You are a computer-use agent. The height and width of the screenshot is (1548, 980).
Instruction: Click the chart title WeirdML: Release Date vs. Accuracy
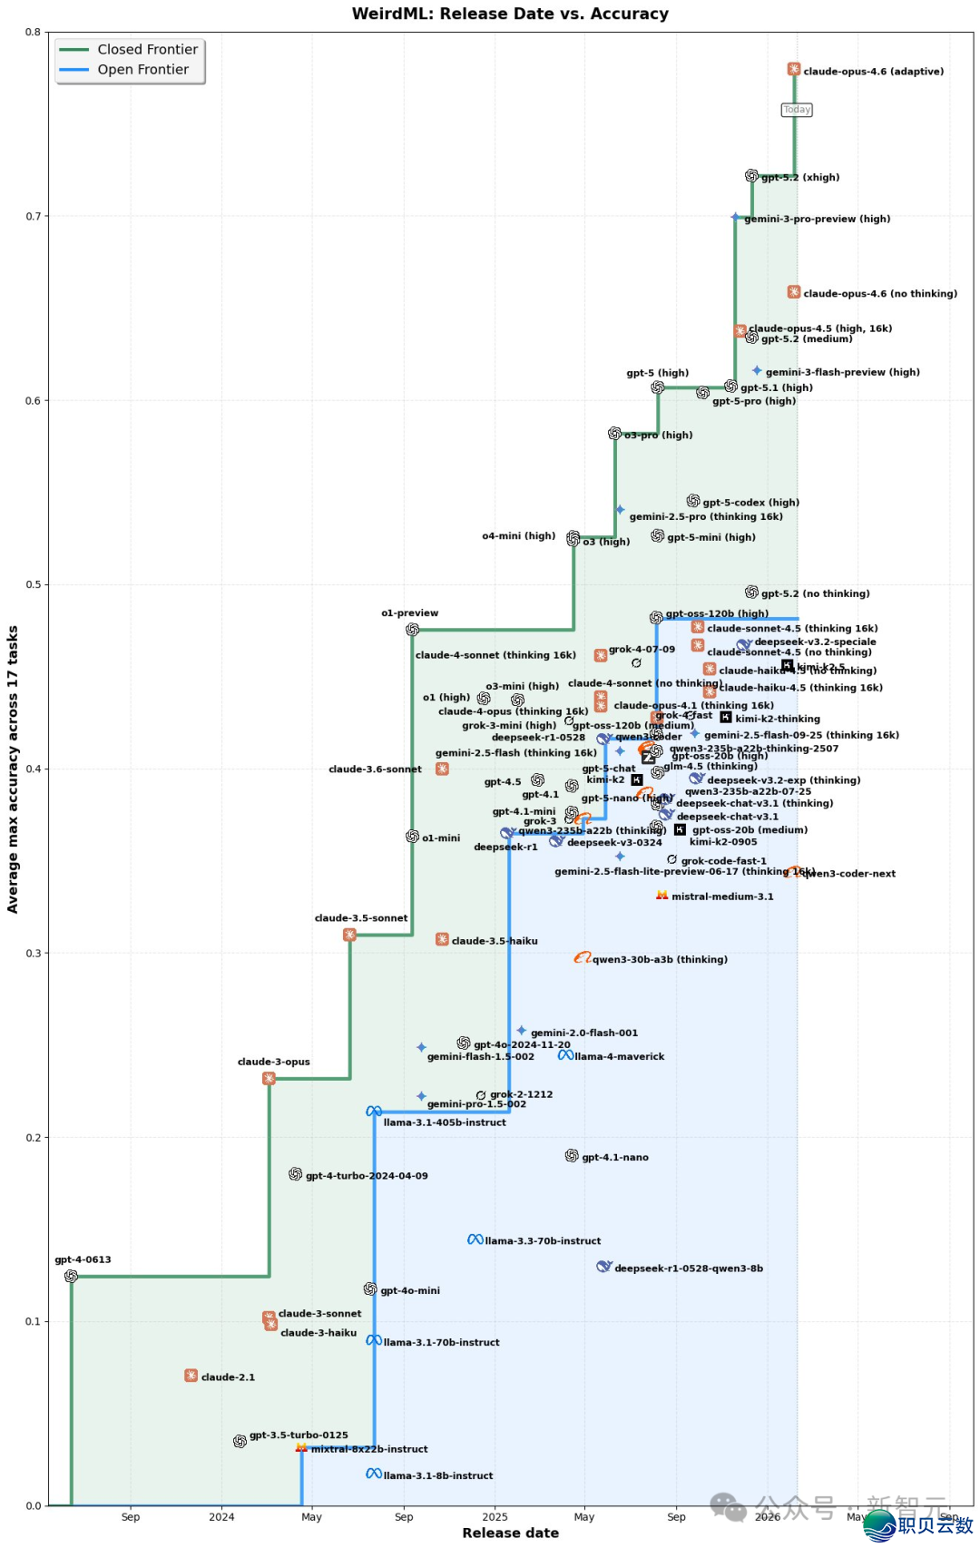510,14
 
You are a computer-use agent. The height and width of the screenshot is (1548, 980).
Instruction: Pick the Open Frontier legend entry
142,70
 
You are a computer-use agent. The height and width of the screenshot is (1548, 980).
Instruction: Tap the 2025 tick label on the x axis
495,1516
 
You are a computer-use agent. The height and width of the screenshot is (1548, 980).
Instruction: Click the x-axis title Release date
510,1533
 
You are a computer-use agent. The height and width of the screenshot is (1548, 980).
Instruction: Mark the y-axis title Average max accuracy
13,769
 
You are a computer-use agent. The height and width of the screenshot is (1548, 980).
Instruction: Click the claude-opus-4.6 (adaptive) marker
794,70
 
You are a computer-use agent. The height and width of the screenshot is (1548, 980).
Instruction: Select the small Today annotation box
797,110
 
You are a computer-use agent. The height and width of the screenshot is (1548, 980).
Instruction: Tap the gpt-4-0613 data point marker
71,1276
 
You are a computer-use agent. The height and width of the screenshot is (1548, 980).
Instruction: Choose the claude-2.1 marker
191,1376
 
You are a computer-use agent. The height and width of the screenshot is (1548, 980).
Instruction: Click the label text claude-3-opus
273,1062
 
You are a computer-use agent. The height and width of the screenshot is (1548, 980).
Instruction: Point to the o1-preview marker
412,630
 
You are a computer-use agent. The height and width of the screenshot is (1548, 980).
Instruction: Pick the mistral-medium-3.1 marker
662,896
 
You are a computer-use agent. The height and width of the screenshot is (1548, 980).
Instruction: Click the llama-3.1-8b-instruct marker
373,1474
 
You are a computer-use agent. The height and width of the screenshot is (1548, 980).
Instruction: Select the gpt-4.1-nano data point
572,1156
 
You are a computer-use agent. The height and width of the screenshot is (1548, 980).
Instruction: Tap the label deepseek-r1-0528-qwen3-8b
688,1269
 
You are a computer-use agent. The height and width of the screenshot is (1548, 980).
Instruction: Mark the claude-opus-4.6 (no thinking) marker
794,292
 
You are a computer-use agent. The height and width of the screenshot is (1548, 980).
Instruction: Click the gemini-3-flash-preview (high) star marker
757,370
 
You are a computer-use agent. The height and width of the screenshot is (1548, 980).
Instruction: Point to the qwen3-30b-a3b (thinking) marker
582,958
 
